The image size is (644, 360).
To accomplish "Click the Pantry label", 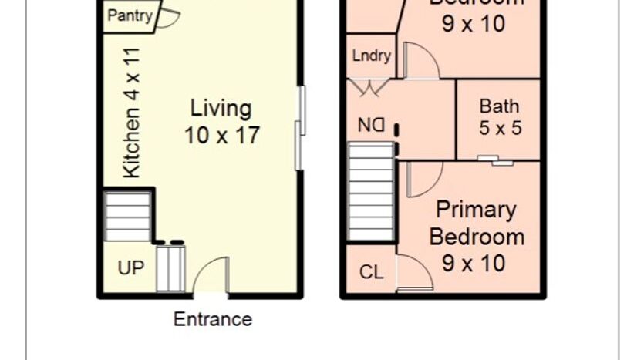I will click(x=130, y=16).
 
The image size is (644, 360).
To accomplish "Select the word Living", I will click(x=221, y=108).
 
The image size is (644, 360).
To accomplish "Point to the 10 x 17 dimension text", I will click(x=221, y=136).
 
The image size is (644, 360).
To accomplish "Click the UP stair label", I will click(x=130, y=268).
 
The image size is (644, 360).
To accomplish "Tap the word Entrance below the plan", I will click(x=212, y=319).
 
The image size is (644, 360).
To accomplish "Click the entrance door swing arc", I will click(x=211, y=274).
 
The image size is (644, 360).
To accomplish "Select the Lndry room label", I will click(x=371, y=56).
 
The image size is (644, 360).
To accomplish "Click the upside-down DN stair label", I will click(x=371, y=124).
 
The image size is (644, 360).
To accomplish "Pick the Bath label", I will click(x=499, y=106).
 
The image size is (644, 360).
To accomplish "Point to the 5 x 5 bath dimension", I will click(x=499, y=128).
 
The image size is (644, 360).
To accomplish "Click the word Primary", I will click(x=476, y=210).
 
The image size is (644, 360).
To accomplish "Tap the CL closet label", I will click(x=371, y=272).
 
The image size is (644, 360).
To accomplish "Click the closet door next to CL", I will click(x=413, y=273).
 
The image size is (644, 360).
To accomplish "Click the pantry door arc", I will click(x=168, y=16).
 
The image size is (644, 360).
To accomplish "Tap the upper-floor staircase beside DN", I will click(x=372, y=193).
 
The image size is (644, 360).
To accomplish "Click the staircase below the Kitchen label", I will click(x=128, y=217).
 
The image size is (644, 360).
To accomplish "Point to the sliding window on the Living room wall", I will click(x=300, y=128).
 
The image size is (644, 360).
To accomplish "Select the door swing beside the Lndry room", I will click(x=420, y=61).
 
